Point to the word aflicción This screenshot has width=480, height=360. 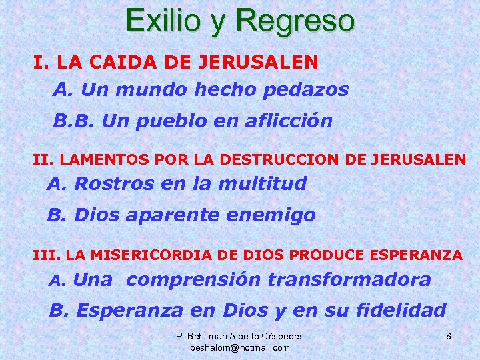(x=289, y=122)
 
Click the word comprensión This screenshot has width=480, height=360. (x=193, y=280)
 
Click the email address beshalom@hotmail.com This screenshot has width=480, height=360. (x=240, y=347)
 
